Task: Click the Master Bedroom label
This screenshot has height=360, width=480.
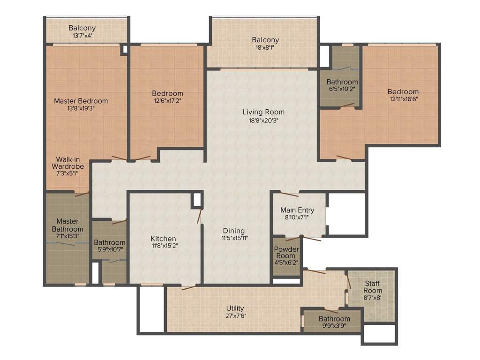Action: click(x=81, y=101)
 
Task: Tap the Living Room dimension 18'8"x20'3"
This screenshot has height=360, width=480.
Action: click(x=263, y=120)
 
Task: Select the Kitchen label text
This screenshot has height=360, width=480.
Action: click(x=163, y=239)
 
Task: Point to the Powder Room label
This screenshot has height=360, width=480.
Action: click(x=286, y=252)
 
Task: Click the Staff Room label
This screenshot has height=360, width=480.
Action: click(x=373, y=287)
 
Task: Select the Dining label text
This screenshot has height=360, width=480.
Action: click(x=234, y=231)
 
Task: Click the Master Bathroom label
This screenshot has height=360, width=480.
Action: click(x=67, y=225)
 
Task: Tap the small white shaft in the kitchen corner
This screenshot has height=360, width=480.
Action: click(x=197, y=200)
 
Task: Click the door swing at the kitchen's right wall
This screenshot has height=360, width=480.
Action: click(x=200, y=216)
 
